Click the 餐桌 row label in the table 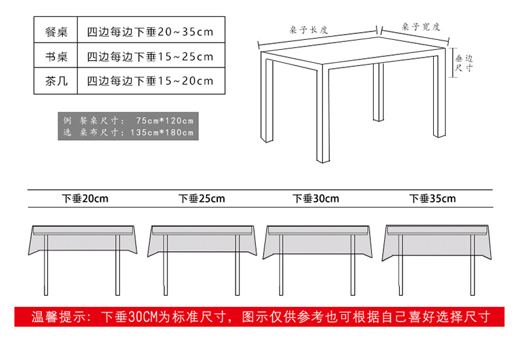point(57,31)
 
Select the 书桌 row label point(57,56)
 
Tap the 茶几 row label point(57,81)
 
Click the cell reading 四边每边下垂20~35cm point(150,31)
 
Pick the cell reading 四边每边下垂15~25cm point(150,56)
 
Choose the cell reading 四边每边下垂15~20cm point(150,81)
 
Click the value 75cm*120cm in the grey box point(165,120)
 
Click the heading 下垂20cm point(85,198)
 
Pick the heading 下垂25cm point(202,198)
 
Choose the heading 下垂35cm point(433,198)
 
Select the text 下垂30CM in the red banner point(132,317)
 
